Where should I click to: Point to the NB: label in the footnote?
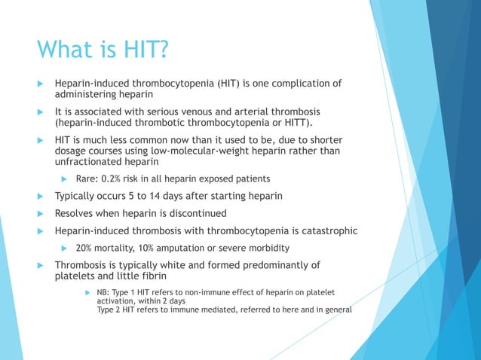point(103,292)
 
